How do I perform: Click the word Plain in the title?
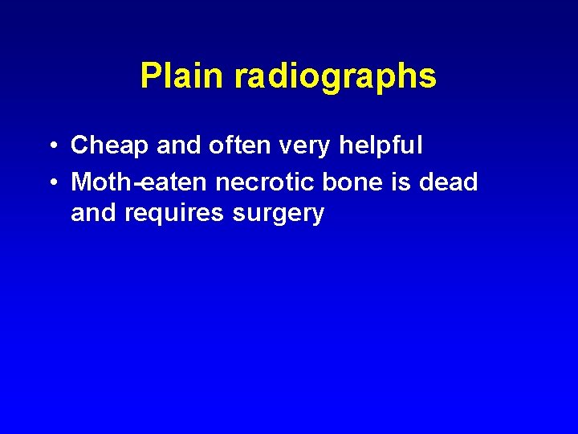[x=183, y=76]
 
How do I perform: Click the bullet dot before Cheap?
[x=51, y=146]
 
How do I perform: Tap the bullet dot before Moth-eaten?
[x=51, y=182]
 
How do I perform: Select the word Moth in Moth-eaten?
[x=101, y=182]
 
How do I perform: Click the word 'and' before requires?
[x=94, y=214]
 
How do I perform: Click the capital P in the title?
[x=149, y=76]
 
